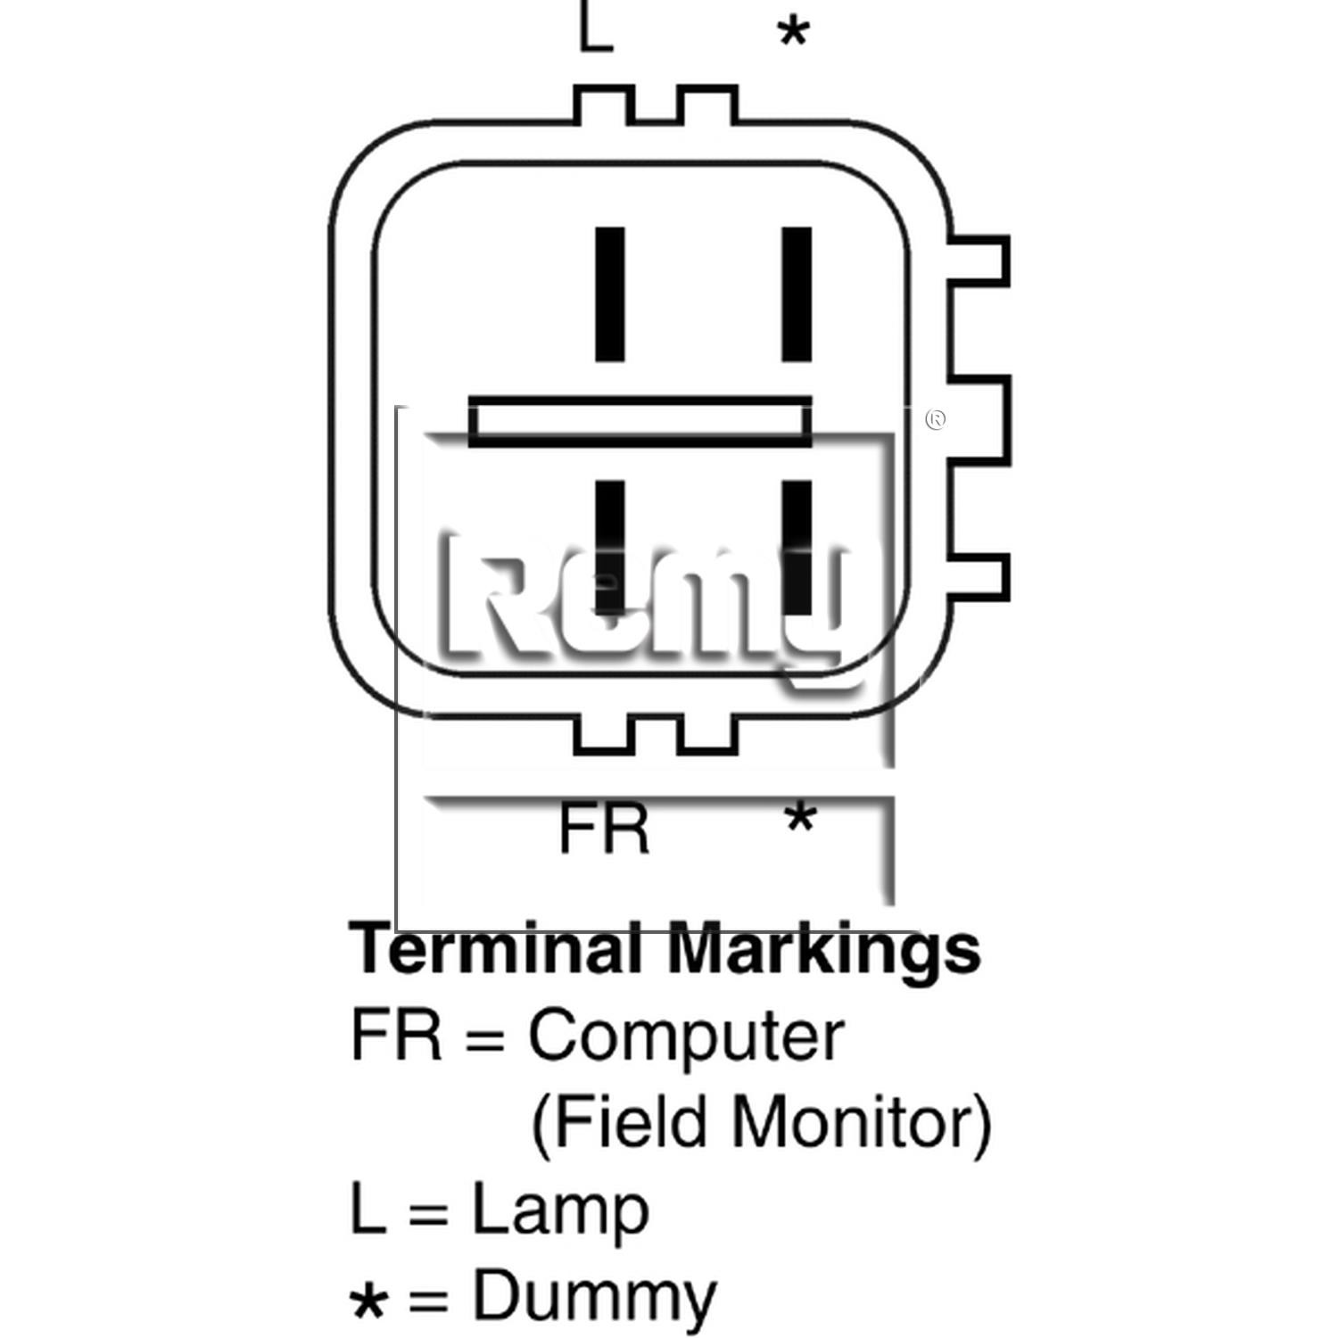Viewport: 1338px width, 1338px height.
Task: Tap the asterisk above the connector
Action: [793, 34]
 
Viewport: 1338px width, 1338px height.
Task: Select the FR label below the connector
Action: [604, 829]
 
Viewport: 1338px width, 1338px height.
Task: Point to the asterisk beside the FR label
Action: [800, 818]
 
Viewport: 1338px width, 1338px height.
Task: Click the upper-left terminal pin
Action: [610, 294]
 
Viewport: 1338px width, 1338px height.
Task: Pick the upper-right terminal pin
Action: [797, 294]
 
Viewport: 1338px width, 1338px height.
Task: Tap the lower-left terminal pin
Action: [610, 548]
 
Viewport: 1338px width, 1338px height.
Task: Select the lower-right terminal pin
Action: [797, 548]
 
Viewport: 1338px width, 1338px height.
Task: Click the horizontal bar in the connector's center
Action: [640, 422]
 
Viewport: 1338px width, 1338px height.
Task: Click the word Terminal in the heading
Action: [496, 949]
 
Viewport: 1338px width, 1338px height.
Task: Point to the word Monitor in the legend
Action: [862, 1122]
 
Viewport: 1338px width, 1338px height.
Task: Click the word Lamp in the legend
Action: [559, 1211]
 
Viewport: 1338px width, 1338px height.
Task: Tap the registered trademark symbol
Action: [936, 419]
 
